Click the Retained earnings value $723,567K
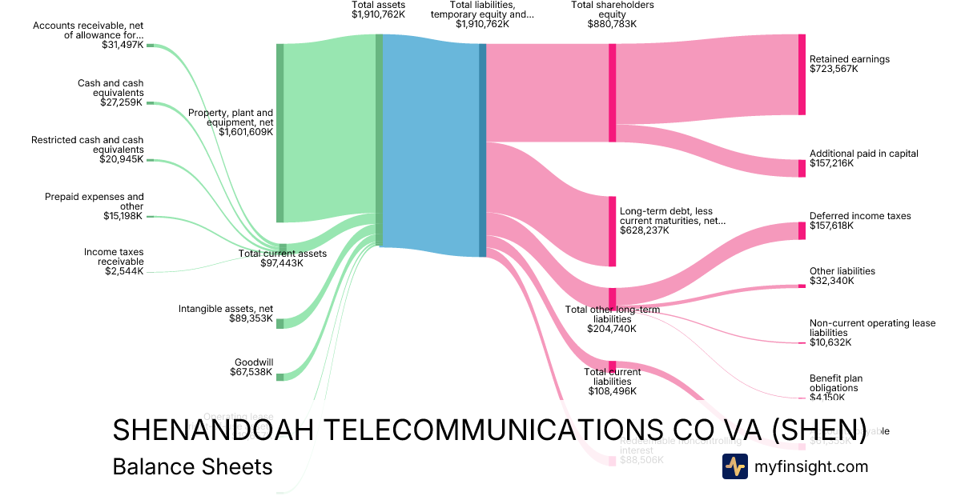click(x=834, y=70)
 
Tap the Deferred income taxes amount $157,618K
click(x=832, y=226)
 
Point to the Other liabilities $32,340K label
click(x=842, y=276)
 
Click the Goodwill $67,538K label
click(x=253, y=367)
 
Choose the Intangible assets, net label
click(x=226, y=309)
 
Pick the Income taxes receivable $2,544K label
click(x=114, y=262)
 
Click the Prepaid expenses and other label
click(x=94, y=201)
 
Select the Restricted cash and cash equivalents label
click(x=87, y=145)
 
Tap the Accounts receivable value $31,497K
click(x=123, y=45)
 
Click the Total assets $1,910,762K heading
click(x=378, y=10)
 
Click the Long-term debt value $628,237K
click(x=644, y=230)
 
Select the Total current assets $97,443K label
click(x=283, y=258)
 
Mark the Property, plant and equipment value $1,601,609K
click(x=246, y=132)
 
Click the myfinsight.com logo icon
click(x=734, y=466)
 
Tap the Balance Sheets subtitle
click(x=192, y=467)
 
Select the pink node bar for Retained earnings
click(x=802, y=74)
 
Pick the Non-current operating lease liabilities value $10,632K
click(x=830, y=342)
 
